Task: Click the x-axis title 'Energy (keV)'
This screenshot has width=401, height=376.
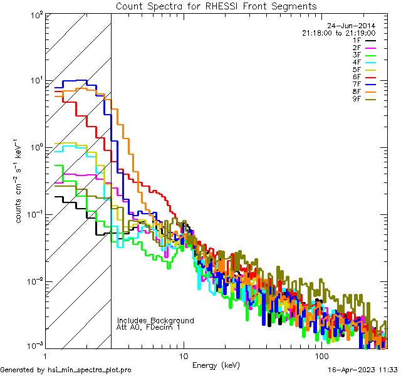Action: (x=216, y=365)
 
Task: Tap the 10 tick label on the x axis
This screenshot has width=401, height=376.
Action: (x=183, y=356)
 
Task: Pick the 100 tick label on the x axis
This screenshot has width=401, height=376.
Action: (x=321, y=356)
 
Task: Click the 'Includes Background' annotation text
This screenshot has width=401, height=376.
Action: (x=155, y=321)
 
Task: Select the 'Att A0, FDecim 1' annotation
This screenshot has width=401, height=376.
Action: (x=148, y=327)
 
